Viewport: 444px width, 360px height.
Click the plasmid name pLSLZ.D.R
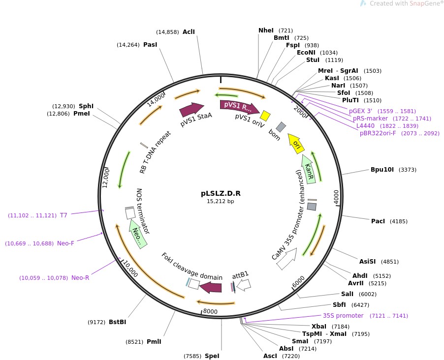pyautogui.click(x=221, y=193)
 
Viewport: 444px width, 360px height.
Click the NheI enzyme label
pyautogui.click(x=266, y=30)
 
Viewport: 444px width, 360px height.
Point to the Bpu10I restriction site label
pyautogui.click(x=382, y=170)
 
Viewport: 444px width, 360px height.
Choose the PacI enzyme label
pyautogui.click(x=378, y=221)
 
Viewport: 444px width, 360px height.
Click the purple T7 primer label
pyautogui.click(x=63, y=215)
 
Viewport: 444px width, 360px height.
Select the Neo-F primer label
pyautogui.click(x=65, y=243)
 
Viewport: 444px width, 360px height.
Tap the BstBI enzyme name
pyautogui.click(x=118, y=322)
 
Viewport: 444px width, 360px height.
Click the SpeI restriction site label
pyautogui.click(x=212, y=356)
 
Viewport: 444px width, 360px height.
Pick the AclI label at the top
pyautogui.click(x=189, y=32)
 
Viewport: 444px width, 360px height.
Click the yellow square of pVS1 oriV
pyautogui.click(x=265, y=116)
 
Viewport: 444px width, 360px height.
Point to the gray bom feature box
pyautogui.click(x=281, y=127)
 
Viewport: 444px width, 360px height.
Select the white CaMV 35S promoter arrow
pyautogui.click(x=286, y=258)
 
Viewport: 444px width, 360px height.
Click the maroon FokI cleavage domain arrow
pyautogui.click(x=211, y=287)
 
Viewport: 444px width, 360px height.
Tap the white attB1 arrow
pyautogui.click(x=244, y=285)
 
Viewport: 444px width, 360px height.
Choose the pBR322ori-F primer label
pyautogui.click(x=378, y=133)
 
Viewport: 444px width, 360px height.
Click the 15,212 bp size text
pyautogui.click(x=221, y=201)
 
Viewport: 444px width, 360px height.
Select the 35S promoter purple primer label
pyautogui.click(x=343, y=316)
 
